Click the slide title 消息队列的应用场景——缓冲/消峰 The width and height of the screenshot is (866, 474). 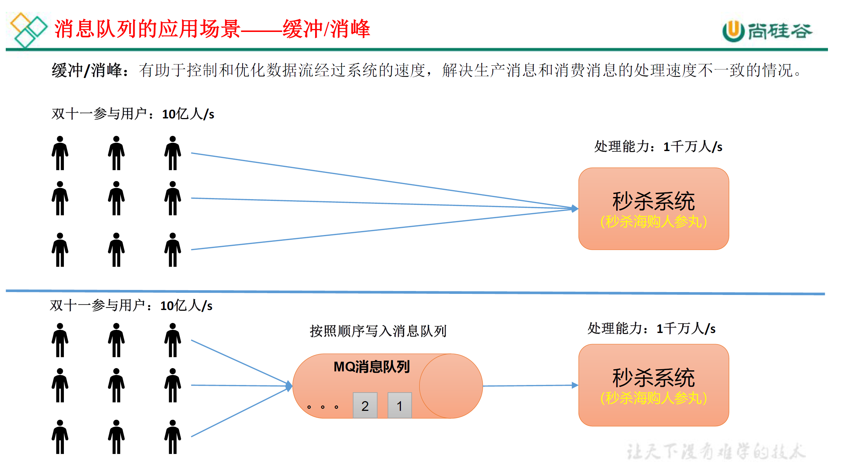click(x=212, y=29)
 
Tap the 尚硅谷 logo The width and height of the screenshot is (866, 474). click(x=767, y=31)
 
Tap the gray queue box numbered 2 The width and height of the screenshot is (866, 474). click(x=365, y=405)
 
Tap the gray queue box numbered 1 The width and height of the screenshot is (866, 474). click(x=399, y=405)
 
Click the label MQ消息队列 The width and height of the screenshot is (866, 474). click(x=371, y=367)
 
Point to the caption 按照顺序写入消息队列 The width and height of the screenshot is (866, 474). click(x=378, y=331)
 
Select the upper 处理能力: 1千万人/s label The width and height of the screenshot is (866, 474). click(x=658, y=147)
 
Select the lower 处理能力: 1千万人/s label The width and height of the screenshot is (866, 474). click(x=651, y=328)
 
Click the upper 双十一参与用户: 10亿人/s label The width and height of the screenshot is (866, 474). click(x=133, y=114)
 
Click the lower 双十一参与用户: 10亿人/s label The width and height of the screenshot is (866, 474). click(x=131, y=306)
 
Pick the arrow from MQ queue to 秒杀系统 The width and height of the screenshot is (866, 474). click(x=529, y=386)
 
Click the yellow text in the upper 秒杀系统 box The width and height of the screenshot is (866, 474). click(x=653, y=221)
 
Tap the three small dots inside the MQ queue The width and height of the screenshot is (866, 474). click(x=323, y=407)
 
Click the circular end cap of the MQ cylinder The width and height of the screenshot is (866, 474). click(x=451, y=386)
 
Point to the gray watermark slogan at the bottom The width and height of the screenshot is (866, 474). click(x=716, y=451)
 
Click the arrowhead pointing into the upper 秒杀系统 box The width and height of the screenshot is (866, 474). click(x=574, y=208)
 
